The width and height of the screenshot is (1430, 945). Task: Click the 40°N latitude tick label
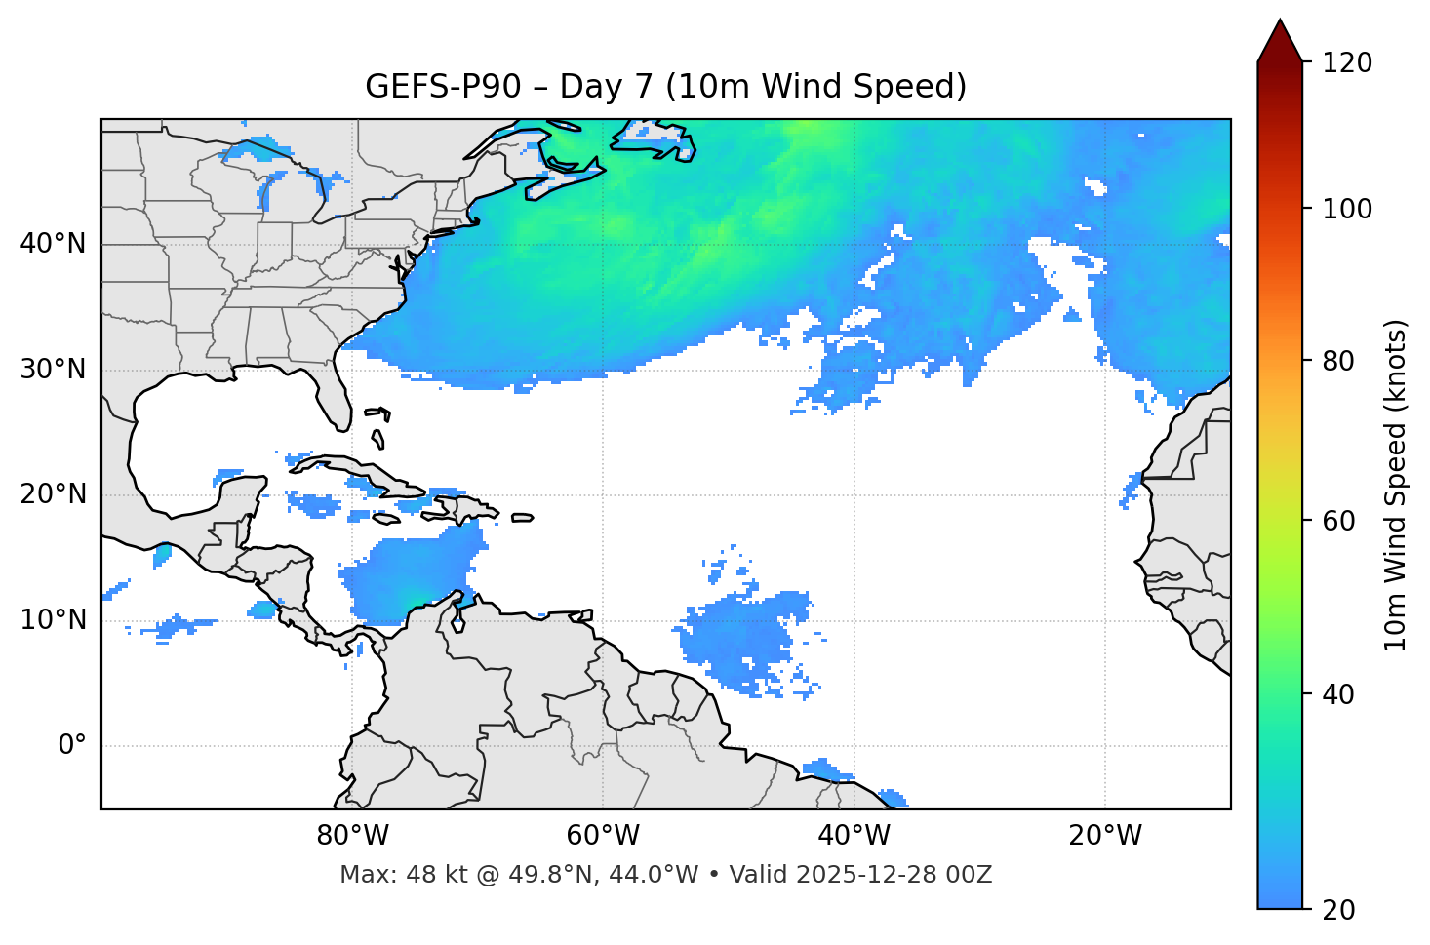[x=53, y=244]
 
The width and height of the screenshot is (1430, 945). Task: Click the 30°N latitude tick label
[x=53, y=370]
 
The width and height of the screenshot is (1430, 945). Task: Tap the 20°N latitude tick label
[x=53, y=494]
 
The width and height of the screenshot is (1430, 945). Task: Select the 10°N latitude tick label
[x=53, y=620]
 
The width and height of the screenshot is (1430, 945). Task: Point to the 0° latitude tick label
[x=72, y=746]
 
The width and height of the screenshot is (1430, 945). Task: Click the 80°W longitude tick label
[x=352, y=836]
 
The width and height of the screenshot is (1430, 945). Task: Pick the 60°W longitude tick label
[x=603, y=836]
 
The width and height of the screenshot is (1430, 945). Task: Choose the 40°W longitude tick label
[x=854, y=836]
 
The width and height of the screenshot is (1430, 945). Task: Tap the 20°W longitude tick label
[x=1104, y=836]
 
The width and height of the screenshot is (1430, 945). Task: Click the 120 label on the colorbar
[x=1347, y=63]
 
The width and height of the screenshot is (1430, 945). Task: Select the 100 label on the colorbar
[x=1347, y=209]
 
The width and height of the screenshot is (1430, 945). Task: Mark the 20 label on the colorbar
[x=1339, y=910]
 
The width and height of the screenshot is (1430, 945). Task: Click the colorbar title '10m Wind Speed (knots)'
[x=1396, y=486]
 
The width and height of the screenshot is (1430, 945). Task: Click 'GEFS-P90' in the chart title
[x=443, y=87]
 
